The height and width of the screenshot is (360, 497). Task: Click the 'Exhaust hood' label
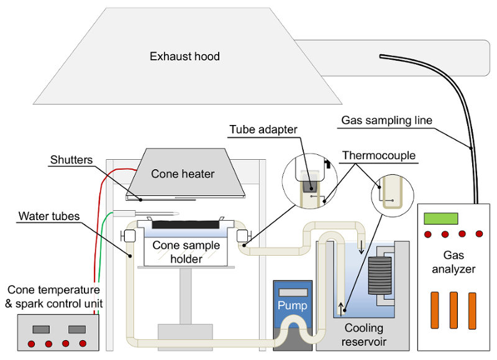coord(185,57)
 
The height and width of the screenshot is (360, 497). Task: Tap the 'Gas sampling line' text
coord(386,120)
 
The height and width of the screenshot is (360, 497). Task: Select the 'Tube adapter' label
coord(263,130)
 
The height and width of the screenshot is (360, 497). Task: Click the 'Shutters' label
coord(71,160)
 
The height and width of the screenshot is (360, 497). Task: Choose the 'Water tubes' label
coord(49,216)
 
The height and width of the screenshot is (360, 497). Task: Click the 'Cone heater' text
coord(183,174)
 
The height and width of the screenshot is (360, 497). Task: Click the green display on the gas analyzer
coord(440,218)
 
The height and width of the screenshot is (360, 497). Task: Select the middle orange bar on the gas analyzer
coord(454,310)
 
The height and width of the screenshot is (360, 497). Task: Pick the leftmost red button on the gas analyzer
coord(428,234)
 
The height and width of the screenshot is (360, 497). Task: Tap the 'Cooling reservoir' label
coord(365,335)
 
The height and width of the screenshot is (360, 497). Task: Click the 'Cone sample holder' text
coord(186,252)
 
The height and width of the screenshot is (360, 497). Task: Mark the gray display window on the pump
coord(292,292)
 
